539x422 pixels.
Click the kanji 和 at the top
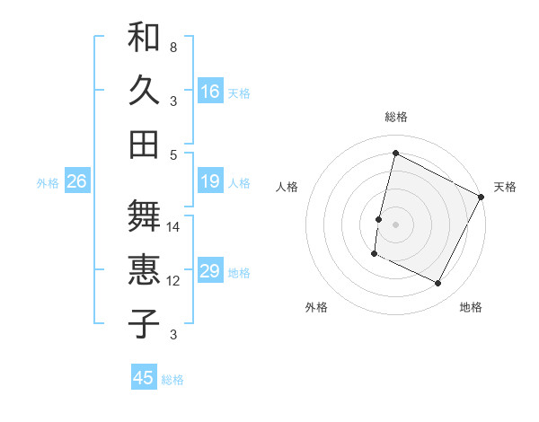point(144,38)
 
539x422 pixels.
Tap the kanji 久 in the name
point(144,91)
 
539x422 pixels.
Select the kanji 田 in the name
point(144,144)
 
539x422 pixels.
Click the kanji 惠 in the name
point(144,270)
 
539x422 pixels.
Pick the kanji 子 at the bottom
point(144,324)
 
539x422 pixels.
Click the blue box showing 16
point(210,91)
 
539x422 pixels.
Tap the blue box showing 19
point(210,182)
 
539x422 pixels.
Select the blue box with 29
point(210,271)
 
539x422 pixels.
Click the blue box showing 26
point(76,182)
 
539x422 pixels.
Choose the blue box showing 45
point(144,378)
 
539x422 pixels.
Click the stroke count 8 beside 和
point(172,47)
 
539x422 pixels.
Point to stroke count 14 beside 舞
point(173,227)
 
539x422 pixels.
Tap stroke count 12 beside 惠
point(173,281)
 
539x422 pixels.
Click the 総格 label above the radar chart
point(396,117)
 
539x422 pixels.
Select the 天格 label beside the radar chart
point(505,187)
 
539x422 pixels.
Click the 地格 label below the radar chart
point(471,307)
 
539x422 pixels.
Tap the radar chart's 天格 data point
point(482,197)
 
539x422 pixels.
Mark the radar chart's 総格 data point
point(395,153)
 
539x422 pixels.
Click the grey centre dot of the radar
point(395,224)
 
